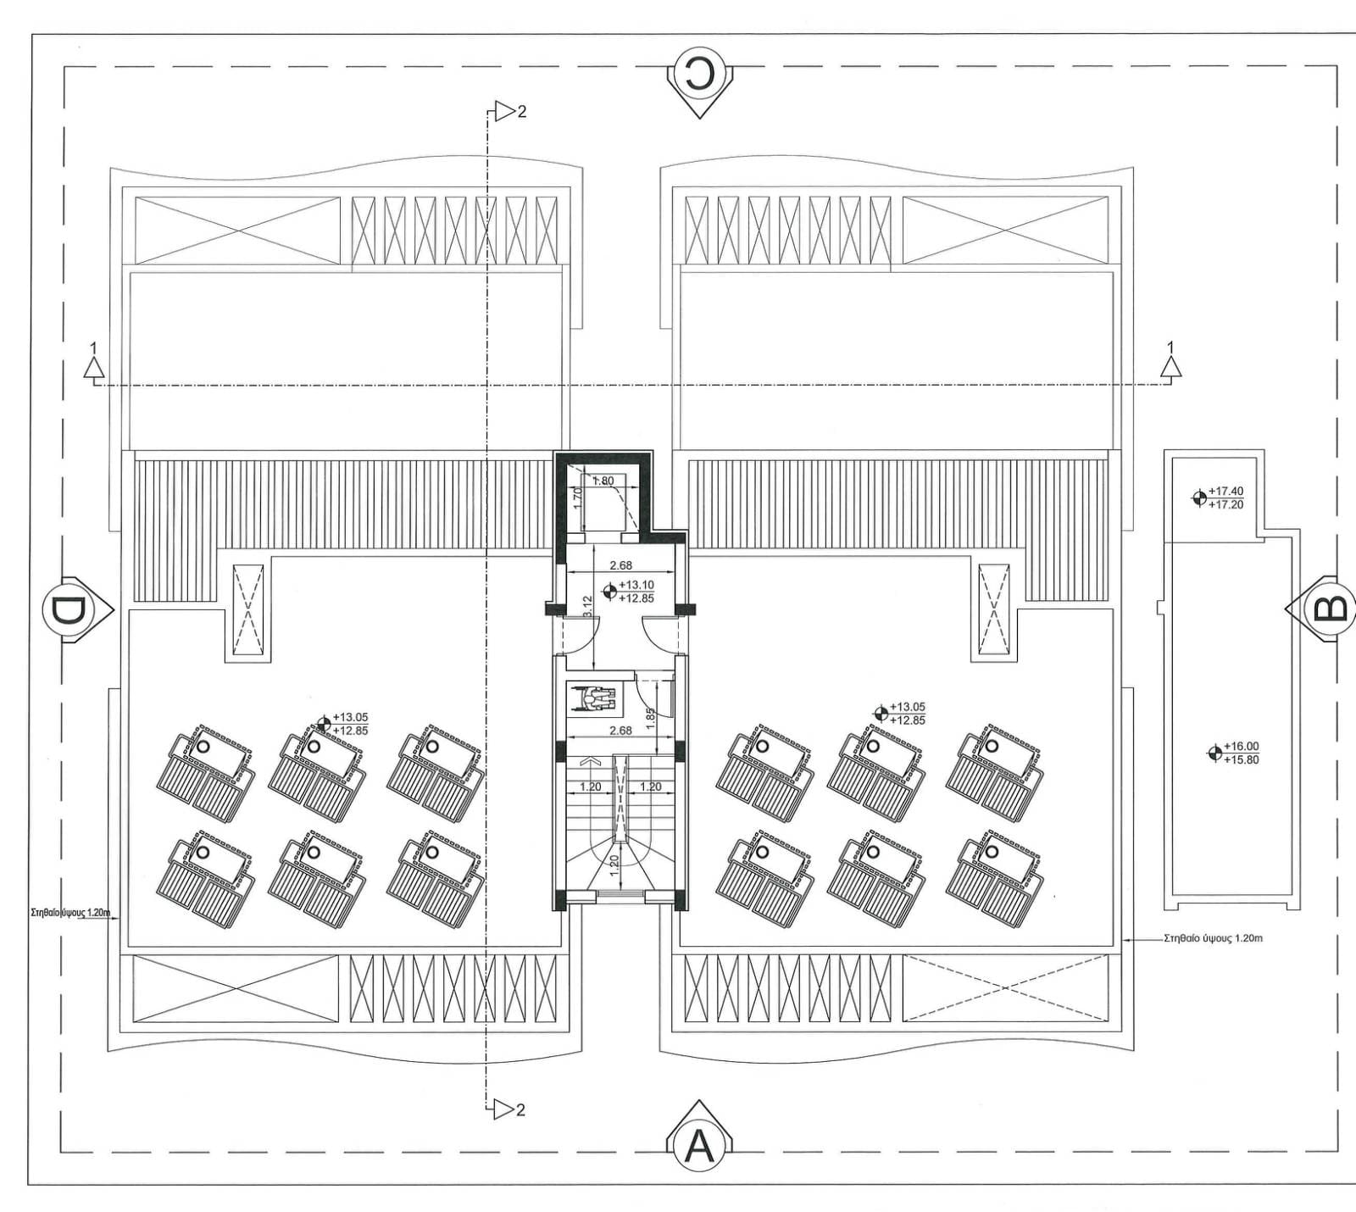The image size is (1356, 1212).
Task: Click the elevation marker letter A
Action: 699,1147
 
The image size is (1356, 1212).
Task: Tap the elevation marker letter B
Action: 1329,607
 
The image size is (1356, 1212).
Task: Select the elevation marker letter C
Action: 700,75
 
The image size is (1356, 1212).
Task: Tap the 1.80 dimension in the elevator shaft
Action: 603,481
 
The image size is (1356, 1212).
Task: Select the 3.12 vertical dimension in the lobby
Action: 587,607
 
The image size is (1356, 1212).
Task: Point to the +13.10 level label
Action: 636,585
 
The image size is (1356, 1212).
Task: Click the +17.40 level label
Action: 1226,492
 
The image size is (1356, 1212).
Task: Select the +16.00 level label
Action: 1242,747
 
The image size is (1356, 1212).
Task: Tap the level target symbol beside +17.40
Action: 1199,498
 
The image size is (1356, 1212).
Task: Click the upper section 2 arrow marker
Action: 505,110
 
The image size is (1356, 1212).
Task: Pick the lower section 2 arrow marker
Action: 505,1109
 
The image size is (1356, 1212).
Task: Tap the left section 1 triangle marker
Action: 93,367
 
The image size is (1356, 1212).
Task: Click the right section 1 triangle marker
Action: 1171,366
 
